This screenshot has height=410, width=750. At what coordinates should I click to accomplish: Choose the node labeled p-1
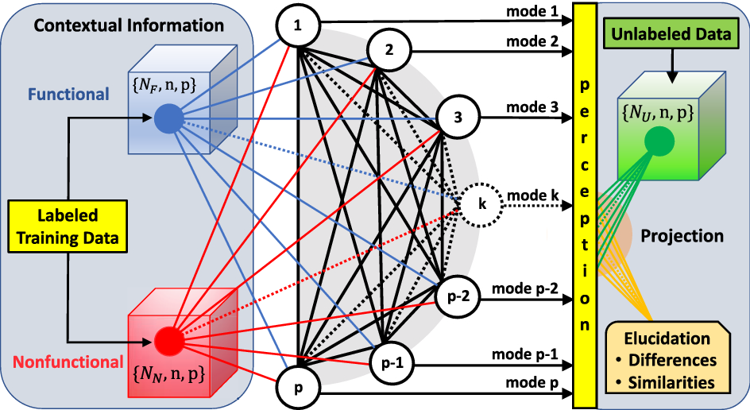[389, 365]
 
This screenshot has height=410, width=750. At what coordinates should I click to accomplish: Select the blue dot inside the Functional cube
[168, 118]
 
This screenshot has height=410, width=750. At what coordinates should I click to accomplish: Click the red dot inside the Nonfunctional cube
[168, 340]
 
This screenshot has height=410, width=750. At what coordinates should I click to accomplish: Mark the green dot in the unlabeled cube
[659, 141]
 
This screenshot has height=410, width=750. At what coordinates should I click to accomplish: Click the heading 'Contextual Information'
[129, 25]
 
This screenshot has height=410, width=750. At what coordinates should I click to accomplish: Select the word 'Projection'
[682, 236]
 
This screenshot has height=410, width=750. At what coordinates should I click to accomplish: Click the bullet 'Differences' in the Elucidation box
[674, 361]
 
